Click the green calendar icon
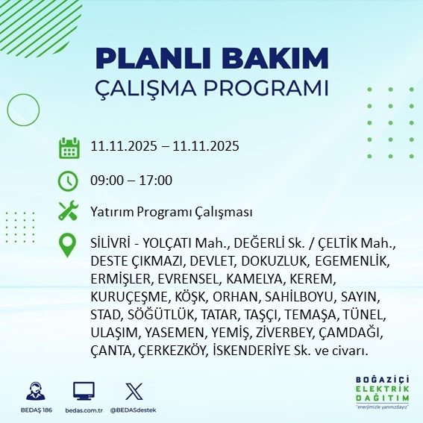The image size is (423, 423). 69,148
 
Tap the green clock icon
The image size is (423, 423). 69,181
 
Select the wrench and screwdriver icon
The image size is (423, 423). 69,211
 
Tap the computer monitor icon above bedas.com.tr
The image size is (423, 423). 84,391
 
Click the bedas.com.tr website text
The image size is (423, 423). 84,410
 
